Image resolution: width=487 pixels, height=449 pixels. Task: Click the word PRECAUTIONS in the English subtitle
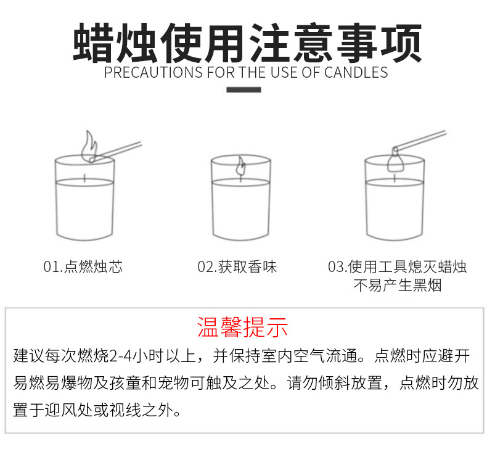pos(153,72)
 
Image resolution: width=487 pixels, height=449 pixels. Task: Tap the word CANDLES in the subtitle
pos(356,72)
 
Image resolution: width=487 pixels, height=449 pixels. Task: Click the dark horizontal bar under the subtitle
pos(243,90)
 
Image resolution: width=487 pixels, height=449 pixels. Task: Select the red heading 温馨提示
pos(242,327)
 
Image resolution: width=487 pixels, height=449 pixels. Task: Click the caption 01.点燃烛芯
pos(83,266)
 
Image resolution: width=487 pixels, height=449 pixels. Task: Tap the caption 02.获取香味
pos(237,266)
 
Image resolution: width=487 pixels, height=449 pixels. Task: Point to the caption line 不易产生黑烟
pos(397,285)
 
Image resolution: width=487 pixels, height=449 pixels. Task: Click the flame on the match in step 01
pos(89,146)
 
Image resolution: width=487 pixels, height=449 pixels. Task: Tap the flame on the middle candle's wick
pos(240,167)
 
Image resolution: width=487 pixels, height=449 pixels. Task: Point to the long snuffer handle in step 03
pos(420,139)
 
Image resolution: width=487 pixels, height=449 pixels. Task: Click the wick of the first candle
pos(84,178)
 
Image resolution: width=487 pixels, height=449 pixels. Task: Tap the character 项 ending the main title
pos(401,43)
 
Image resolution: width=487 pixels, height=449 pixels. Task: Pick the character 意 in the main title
pos(314,43)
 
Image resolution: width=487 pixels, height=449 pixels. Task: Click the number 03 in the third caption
pos(336,267)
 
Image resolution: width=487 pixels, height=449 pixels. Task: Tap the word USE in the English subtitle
pos(285,72)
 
